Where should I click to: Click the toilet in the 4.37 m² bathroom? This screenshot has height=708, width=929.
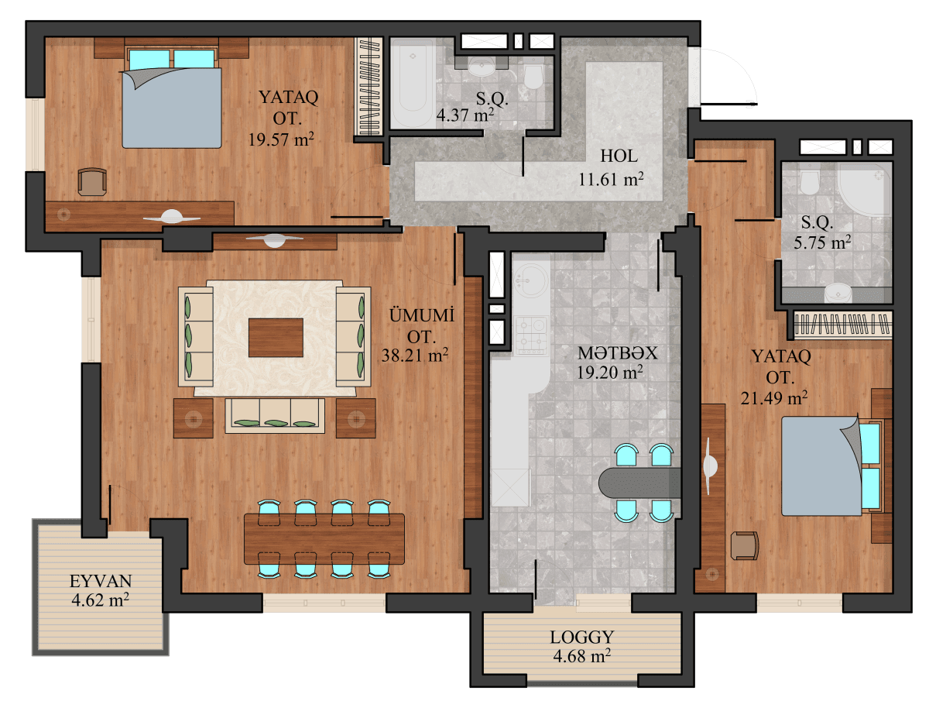pos(533,76)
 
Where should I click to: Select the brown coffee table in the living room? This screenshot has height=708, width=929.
pos(276,337)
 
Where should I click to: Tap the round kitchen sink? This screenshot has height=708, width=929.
pos(532,277)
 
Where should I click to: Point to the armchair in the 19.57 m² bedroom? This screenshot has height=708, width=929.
pos(92,181)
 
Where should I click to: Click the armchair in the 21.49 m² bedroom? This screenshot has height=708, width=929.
pos(745,545)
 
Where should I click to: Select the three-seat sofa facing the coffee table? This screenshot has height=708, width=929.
pos(275,414)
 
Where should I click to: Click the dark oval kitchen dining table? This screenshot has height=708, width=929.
pos(638,482)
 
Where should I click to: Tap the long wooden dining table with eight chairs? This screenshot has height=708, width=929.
pos(324,538)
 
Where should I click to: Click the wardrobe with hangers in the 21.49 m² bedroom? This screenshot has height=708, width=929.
pos(842,325)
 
